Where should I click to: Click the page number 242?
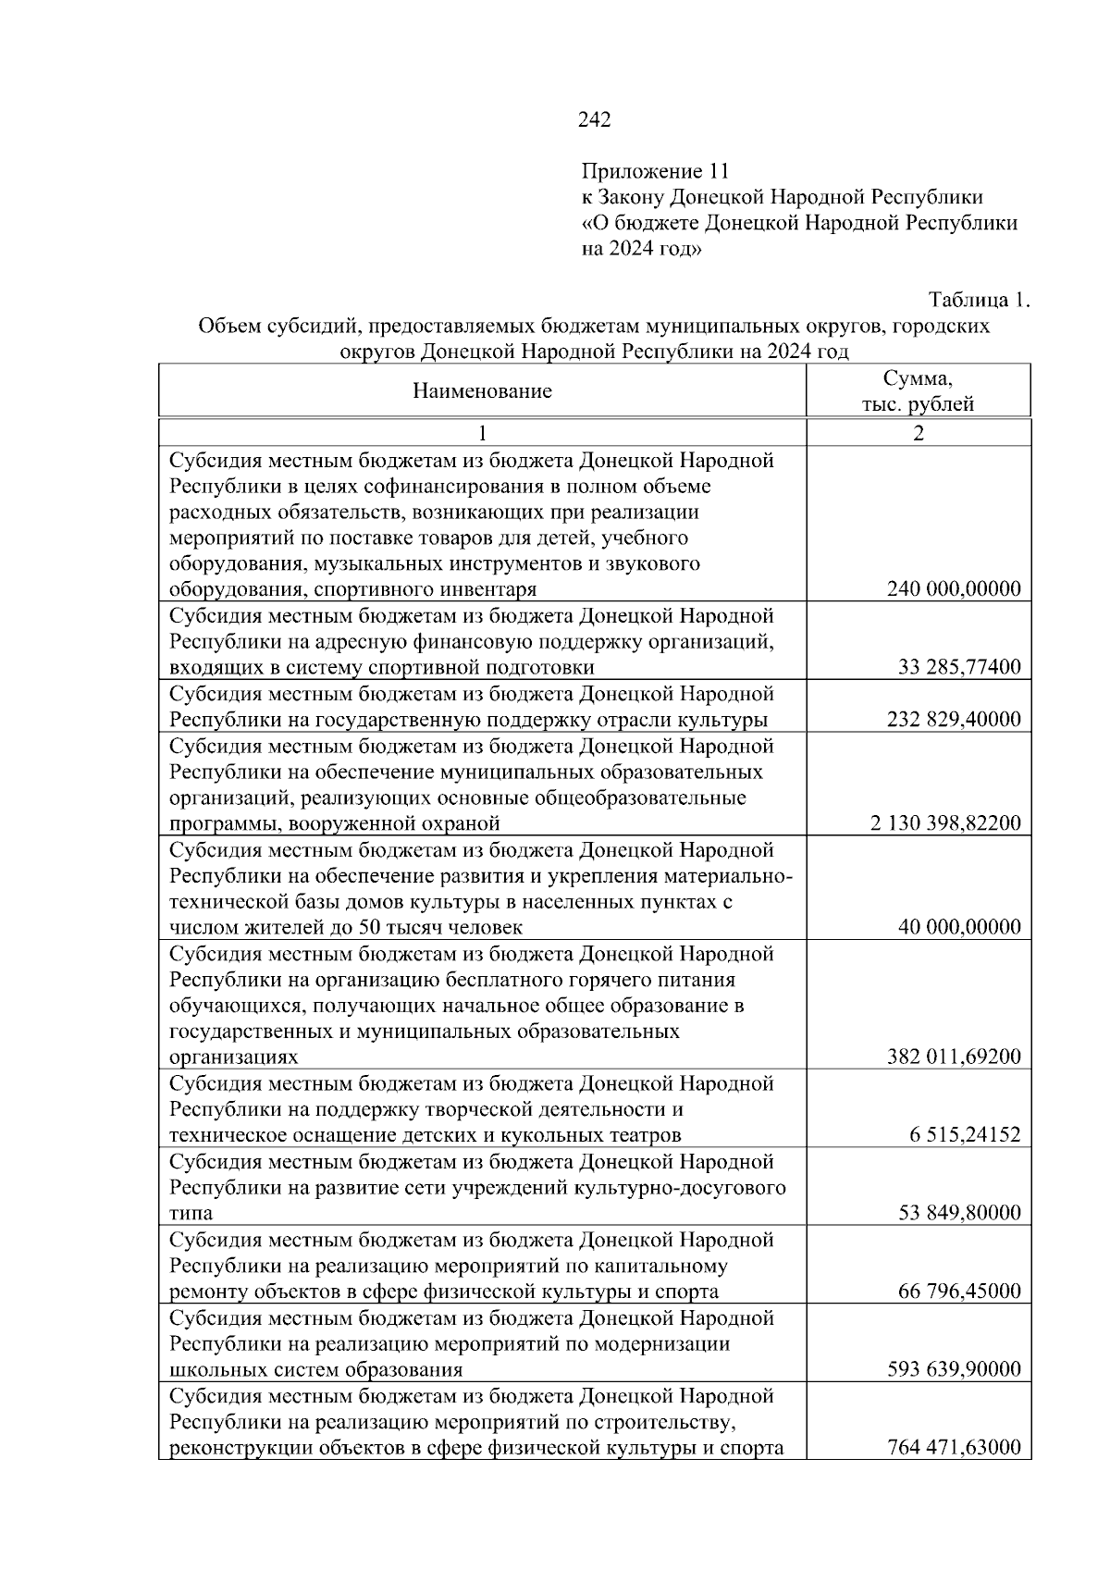[x=594, y=119]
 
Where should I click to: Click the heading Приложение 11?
[x=655, y=171]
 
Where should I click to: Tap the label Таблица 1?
[x=979, y=301]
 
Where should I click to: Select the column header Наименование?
[x=482, y=391]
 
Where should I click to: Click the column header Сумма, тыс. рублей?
[x=918, y=391]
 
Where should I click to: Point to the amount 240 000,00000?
[x=954, y=589]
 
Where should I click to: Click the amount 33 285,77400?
[x=960, y=667]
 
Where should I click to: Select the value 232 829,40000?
[x=954, y=720]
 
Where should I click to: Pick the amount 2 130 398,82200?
[x=945, y=823]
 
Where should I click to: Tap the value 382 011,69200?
[x=954, y=1057]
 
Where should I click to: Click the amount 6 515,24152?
[x=965, y=1135]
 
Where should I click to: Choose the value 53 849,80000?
[x=960, y=1213]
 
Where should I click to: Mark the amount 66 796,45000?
[x=960, y=1292]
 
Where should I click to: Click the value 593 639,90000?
[x=954, y=1369]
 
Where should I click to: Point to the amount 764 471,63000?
[x=954, y=1448]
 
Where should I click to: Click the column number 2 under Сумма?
[x=918, y=433]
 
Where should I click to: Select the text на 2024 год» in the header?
[x=641, y=249]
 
